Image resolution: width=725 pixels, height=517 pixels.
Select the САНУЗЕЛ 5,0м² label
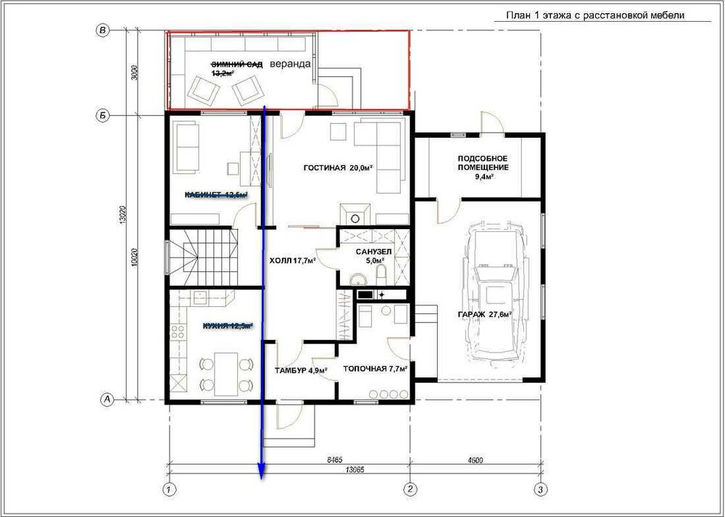[x=373, y=256]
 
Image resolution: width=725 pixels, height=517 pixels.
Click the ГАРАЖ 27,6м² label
[x=484, y=314]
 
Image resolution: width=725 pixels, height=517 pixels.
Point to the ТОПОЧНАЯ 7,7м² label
[x=374, y=369]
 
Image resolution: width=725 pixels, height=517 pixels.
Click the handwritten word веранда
[x=290, y=64]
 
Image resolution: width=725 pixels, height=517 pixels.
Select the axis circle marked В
[x=103, y=30]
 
